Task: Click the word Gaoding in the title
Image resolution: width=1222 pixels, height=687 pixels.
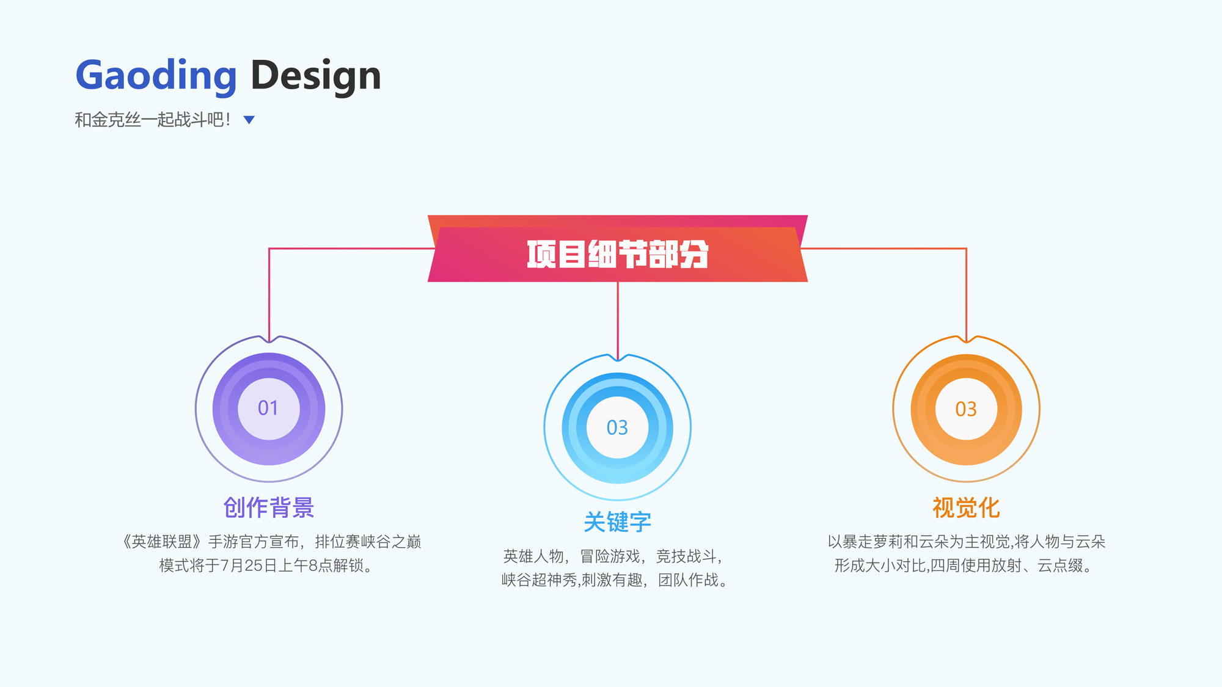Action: tap(156, 76)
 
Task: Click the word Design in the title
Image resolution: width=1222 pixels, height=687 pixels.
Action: tap(316, 76)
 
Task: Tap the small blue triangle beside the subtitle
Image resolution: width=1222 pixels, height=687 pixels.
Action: tap(249, 120)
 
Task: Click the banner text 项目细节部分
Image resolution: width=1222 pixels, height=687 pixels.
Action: tap(618, 254)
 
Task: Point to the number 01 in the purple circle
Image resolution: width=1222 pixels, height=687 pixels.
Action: tap(268, 408)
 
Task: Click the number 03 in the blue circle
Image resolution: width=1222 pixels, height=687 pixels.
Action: tap(617, 427)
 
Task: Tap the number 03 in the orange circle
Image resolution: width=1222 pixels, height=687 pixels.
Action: tap(966, 409)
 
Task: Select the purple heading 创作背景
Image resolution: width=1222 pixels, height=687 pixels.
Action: tap(269, 507)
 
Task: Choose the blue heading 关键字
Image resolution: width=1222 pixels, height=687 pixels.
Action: tap(618, 522)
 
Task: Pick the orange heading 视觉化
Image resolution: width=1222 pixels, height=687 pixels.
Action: tap(966, 507)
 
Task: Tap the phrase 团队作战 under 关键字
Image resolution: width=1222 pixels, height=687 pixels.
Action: tap(689, 580)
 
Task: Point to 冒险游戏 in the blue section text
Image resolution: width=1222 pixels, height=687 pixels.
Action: tap(610, 556)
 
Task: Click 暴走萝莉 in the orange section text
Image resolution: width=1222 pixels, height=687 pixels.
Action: tap(873, 542)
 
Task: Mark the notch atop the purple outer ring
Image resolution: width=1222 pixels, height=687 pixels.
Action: tap(269, 339)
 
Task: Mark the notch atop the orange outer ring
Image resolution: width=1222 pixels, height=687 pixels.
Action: tap(966, 339)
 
